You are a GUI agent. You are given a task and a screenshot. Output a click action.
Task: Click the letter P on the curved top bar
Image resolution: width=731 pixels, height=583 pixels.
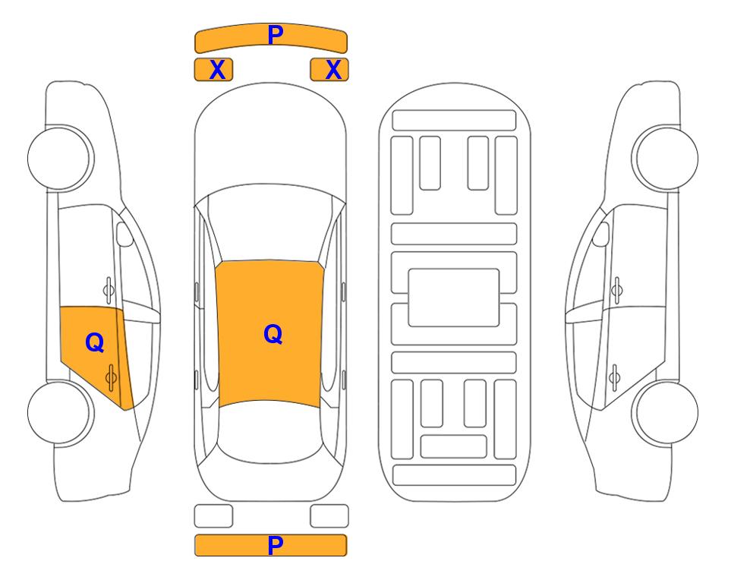click(276, 35)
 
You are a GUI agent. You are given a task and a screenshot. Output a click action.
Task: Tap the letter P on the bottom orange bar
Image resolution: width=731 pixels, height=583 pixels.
click(276, 545)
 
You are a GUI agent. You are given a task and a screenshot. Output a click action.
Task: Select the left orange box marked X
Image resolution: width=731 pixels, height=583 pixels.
click(213, 70)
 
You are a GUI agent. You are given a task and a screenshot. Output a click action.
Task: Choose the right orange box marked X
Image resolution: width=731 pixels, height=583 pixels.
click(329, 70)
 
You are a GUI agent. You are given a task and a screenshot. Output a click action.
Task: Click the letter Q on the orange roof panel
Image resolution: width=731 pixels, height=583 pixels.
click(273, 334)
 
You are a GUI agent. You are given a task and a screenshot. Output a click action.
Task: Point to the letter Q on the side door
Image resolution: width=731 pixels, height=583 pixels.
click(95, 342)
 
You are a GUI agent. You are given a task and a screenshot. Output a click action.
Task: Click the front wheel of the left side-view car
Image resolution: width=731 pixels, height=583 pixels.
click(61, 158)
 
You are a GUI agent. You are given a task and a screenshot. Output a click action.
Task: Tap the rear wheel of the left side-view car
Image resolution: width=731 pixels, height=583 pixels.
click(60, 412)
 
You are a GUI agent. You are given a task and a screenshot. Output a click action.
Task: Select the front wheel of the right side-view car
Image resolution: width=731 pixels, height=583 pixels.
click(665, 158)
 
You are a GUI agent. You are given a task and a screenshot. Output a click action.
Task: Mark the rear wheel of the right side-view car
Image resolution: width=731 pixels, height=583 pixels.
click(666, 412)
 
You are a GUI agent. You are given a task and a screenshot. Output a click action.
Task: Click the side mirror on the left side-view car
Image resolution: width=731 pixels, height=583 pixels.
click(124, 234)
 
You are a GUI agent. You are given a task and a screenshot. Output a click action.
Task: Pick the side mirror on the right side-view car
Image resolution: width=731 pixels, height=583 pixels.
click(601, 234)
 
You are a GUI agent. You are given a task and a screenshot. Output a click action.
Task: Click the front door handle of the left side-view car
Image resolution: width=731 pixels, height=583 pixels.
click(108, 290)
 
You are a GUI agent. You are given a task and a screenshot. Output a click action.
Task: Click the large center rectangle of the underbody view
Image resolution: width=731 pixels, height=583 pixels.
click(454, 298)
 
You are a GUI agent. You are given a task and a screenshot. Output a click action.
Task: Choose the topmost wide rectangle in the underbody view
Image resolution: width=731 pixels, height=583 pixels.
click(454, 121)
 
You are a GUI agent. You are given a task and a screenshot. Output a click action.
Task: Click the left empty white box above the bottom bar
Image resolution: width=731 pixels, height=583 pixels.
click(213, 516)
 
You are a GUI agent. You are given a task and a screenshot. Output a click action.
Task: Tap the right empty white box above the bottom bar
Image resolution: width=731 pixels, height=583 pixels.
click(329, 516)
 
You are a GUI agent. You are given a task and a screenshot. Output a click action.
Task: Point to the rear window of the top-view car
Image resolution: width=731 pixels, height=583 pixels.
click(270, 430)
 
